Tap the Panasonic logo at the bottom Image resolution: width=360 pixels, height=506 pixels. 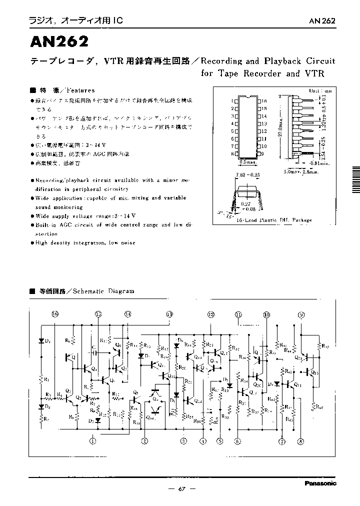320,483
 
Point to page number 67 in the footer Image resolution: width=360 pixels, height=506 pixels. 182,488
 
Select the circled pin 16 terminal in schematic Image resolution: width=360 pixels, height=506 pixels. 55,314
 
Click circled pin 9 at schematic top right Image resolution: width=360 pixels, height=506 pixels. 301,314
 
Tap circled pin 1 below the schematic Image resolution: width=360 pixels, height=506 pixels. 93,440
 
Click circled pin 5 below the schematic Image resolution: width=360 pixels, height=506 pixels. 219,440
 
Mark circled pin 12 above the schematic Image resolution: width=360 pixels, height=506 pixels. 210,314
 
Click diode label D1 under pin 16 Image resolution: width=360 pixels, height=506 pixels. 47,341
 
